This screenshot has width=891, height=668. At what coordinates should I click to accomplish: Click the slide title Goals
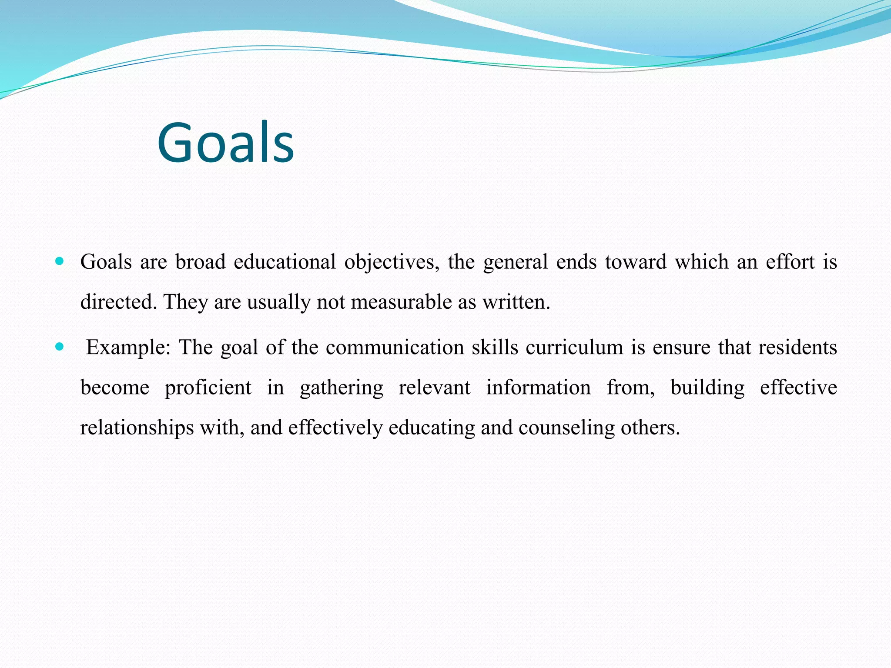[226, 143]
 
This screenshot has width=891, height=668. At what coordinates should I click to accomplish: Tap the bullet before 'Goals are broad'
[60, 261]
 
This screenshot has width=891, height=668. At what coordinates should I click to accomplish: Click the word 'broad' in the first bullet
[201, 262]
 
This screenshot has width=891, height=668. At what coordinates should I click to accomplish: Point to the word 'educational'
[285, 262]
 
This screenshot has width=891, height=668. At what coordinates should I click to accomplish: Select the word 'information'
[538, 387]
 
